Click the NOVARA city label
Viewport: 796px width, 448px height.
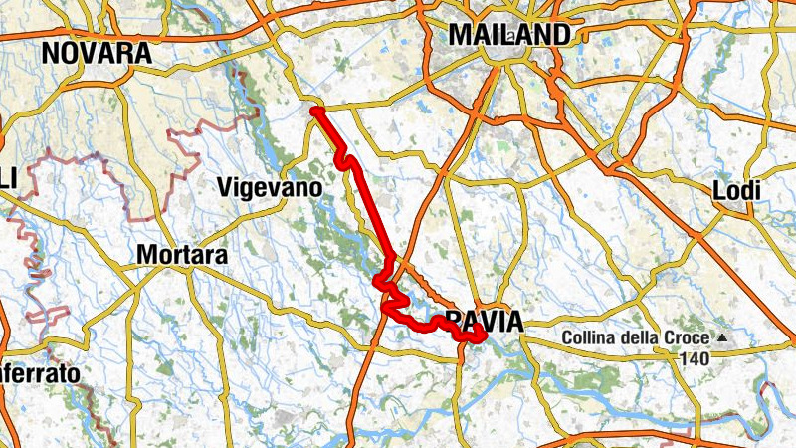tap(98, 54)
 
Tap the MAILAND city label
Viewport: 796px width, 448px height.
tap(509, 34)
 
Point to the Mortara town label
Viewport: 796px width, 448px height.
tap(181, 255)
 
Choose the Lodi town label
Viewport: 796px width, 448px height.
tap(737, 190)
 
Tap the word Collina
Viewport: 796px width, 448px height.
tap(592, 338)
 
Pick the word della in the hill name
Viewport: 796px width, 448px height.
tap(643, 338)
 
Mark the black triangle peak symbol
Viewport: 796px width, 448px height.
tap(722, 338)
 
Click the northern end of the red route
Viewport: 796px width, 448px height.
tap(314, 111)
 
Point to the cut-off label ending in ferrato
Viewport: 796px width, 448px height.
tap(40, 375)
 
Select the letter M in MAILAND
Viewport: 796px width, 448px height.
tap(459, 34)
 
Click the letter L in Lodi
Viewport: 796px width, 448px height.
tap(720, 190)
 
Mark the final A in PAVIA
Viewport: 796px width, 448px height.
tap(513, 321)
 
